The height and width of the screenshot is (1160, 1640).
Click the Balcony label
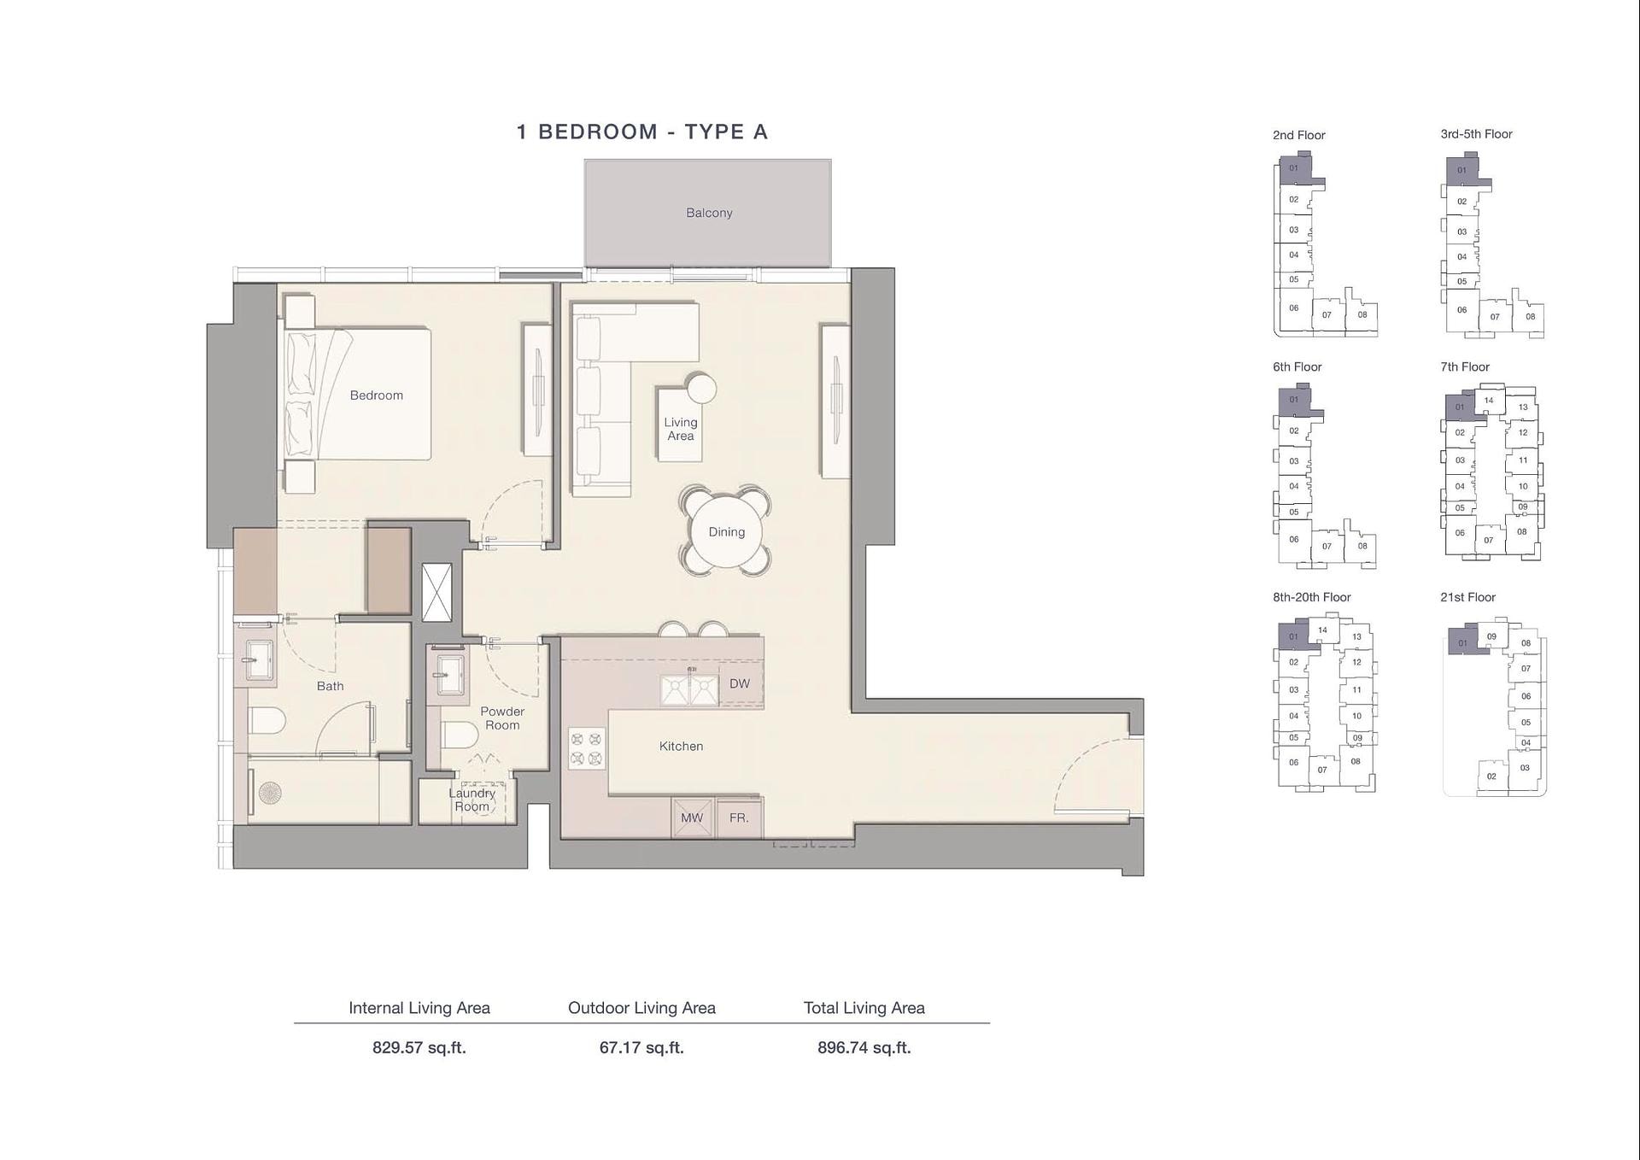coord(709,213)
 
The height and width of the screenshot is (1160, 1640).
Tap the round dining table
coord(726,531)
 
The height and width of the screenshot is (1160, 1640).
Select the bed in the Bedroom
coord(358,394)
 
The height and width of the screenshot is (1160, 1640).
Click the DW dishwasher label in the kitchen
coord(740,683)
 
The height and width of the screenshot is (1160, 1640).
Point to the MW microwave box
coord(692,817)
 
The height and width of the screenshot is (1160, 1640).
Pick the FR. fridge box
coord(739,817)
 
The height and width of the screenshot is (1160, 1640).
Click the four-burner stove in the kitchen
coord(587,748)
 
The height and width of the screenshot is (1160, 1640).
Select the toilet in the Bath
coord(266,720)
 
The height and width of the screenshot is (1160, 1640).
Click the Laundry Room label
coord(471,800)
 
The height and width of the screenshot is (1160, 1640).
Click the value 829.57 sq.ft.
coord(419,1047)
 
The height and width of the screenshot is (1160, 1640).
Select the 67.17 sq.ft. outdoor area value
coord(641,1047)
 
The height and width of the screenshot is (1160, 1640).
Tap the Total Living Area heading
coord(864,1008)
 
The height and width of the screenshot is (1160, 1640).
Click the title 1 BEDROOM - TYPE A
coord(642,132)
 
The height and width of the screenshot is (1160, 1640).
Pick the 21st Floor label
coord(1467,597)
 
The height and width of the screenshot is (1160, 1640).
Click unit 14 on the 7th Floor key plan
coord(1489,400)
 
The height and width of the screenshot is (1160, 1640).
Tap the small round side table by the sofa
coord(701,389)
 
